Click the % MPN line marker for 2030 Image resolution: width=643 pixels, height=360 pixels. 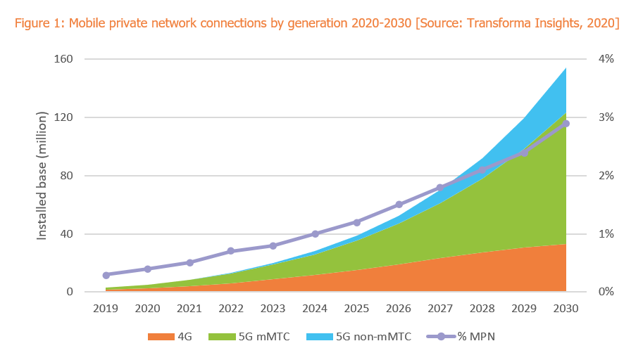click(566, 124)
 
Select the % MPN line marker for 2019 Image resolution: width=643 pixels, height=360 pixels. click(106, 276)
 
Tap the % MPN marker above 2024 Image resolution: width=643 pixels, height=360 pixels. click(315, 234)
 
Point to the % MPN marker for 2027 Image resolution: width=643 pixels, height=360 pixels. click(440, 188)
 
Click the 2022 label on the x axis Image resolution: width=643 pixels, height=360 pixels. click(231, 309)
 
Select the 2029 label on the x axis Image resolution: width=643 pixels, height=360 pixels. click(524, 309)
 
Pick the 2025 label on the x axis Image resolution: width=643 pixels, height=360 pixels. click(356, 309)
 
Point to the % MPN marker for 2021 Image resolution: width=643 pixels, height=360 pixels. click(189, 263)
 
